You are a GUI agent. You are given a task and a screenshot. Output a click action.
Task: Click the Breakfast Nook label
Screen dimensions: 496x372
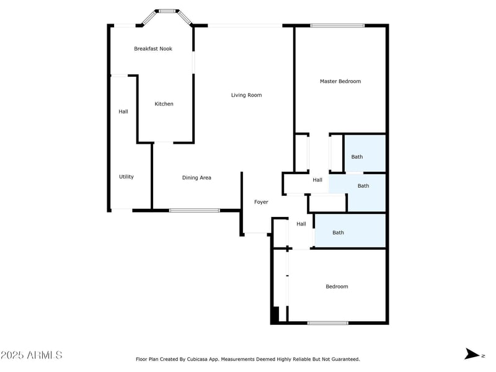click(153, 49)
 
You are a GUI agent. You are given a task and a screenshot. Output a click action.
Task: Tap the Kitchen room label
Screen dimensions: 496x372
click(164, 104)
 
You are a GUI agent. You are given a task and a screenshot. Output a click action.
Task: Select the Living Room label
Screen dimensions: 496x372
click(246, 95)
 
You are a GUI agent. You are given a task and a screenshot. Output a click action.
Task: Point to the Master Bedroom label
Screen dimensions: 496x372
click(340, 81)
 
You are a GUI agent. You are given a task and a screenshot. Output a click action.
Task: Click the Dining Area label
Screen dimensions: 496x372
click(197, 178)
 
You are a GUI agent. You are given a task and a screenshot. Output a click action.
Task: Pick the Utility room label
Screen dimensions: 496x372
click(126, 177)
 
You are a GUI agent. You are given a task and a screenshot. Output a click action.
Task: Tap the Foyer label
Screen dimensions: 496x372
click(261, 202)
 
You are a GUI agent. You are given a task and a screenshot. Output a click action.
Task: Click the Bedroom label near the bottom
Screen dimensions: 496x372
click(337, 286)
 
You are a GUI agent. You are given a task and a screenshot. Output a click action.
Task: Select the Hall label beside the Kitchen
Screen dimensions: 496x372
click(123, 112)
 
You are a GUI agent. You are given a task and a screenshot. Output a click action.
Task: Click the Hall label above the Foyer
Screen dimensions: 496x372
click(317, 180)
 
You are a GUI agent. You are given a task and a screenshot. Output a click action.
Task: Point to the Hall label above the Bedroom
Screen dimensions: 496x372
click(301, 224)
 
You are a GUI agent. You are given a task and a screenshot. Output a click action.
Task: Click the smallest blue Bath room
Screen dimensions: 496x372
click(365, 154)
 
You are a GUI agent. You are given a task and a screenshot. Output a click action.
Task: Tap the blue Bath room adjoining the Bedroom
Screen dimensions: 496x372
click(350, 231)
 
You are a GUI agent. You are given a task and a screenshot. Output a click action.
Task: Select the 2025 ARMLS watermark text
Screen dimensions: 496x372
click(32, 355)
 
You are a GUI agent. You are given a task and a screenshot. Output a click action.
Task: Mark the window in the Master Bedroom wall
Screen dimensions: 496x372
click(337, 25)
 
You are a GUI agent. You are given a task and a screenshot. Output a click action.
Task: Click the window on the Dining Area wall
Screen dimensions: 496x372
click(195, 210)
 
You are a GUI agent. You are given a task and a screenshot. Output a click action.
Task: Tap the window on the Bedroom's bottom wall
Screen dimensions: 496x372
click(328, 323)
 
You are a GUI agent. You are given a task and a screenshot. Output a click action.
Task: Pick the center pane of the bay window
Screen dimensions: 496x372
click(167, 11)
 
